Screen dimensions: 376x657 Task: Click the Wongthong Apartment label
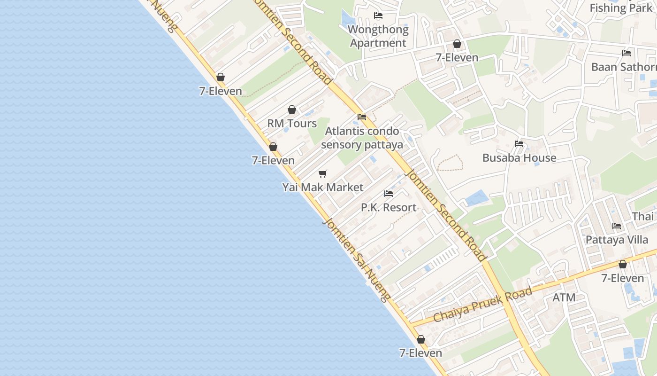378,36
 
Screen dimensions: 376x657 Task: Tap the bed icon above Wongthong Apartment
378,16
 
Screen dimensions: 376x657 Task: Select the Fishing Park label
620,8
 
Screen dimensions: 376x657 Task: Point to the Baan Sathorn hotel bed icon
626,53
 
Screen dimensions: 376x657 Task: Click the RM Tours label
292,124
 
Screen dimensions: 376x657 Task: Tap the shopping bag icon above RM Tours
292,110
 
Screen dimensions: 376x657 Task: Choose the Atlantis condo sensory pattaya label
362,138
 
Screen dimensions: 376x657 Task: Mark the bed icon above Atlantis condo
361,117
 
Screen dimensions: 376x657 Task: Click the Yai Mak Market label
322,187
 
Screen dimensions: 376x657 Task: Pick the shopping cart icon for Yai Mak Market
322,174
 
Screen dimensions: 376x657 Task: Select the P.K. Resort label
389,207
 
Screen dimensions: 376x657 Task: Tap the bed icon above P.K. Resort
389,193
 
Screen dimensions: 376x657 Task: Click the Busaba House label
519,158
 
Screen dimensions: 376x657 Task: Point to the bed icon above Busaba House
519,144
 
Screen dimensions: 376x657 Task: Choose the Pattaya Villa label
617,240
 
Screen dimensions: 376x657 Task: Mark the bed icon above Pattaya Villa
617,226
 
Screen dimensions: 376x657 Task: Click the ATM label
564,298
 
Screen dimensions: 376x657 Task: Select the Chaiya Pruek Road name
482,305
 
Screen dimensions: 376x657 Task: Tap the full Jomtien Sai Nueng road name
356,260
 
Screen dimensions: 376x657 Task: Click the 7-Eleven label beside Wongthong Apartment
457,58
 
